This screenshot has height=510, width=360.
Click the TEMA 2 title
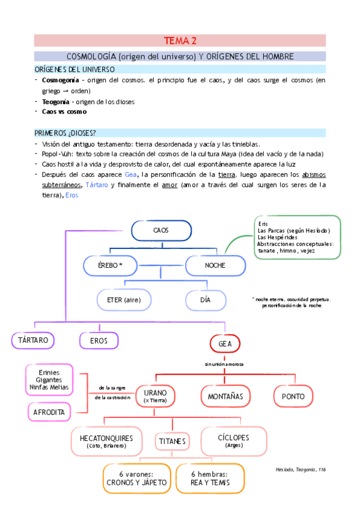point(180,41)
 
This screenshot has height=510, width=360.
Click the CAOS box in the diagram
point(160,231)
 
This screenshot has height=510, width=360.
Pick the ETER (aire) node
point(124,300)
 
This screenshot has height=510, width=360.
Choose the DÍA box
point(206,300)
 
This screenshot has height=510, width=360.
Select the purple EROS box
point(99,340)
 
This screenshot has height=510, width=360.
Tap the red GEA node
point(225,343)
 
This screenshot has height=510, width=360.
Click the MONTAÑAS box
point(225,396)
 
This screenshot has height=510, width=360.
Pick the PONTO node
point(293,396)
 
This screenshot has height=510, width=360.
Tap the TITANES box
point(172,441)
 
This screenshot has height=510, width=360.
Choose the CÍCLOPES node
point(233,440)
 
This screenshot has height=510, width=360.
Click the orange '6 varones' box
point(136,478)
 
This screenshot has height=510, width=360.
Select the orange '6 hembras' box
point(210,478)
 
